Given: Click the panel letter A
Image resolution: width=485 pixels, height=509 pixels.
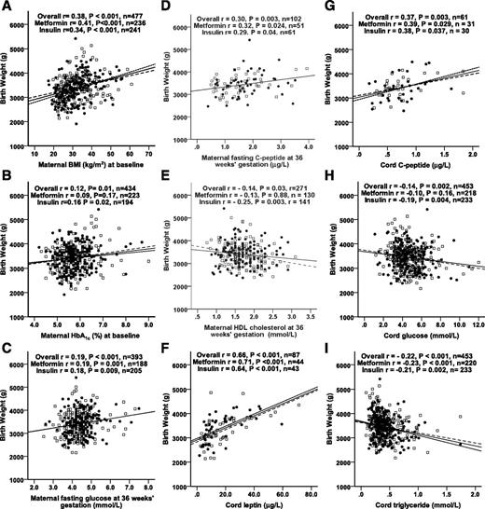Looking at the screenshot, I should pos(8,10).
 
